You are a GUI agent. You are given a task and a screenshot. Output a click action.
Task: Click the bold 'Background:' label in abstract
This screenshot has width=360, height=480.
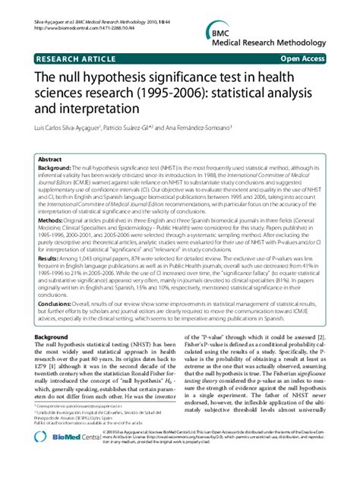[x=56, y=169]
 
